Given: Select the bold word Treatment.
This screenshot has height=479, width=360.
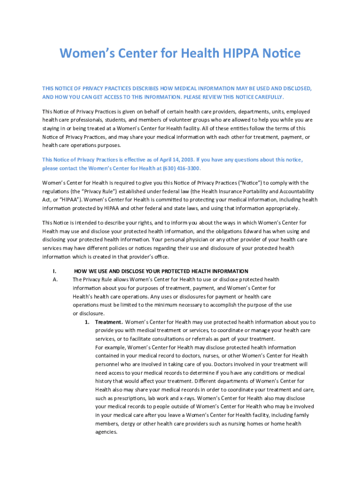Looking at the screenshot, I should coord(109,322).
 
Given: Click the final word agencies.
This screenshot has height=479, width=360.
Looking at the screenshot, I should coord(106,432).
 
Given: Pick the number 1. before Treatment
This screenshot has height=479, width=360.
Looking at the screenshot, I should coord(87,322).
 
